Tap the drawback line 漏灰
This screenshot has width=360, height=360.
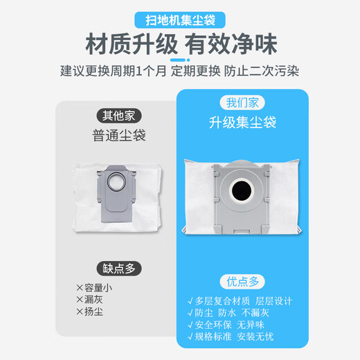(x=98, y=300)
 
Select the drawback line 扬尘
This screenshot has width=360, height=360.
(x=98, y=312)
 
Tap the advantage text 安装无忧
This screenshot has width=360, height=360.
(x=273, y=341)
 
